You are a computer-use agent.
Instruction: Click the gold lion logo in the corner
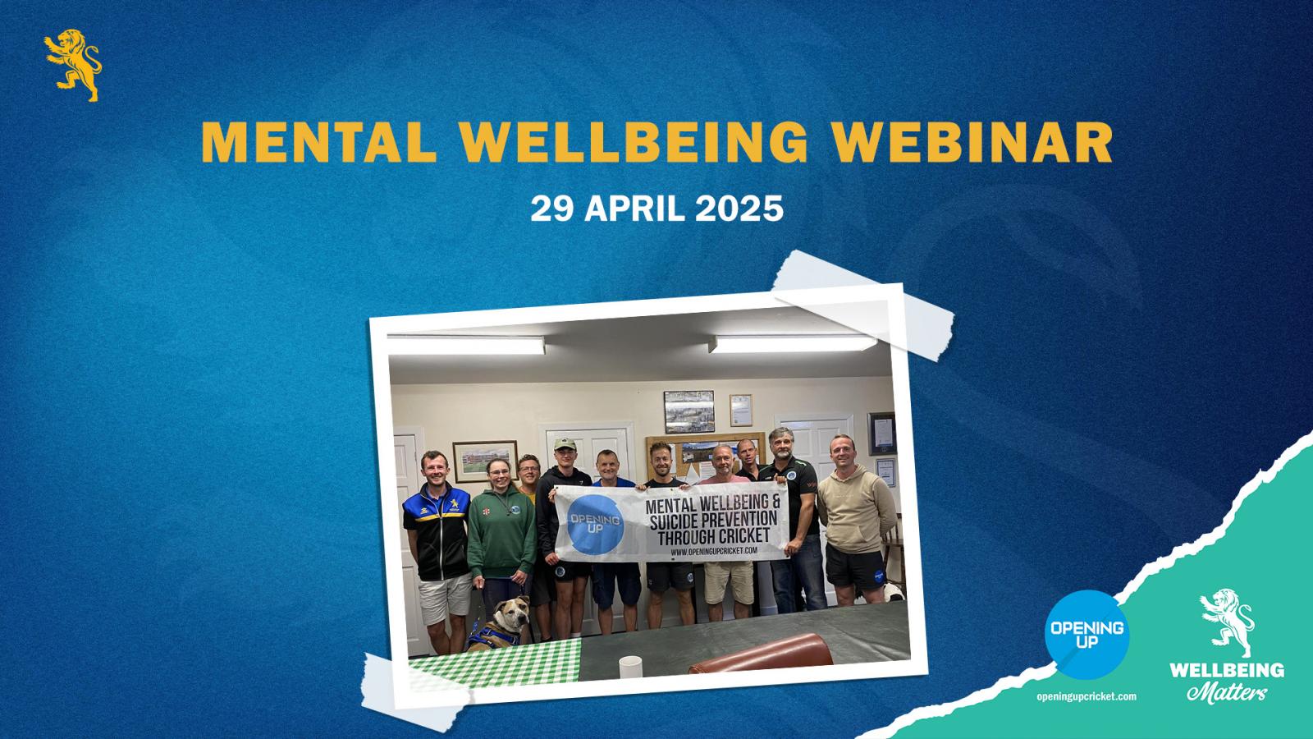click(73, 65)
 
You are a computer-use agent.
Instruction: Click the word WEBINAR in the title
click(972, 142)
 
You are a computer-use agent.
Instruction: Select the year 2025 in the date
click(739, 209)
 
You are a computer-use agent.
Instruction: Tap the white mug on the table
click(630, 667)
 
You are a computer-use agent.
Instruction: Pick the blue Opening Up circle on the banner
click(595, 525)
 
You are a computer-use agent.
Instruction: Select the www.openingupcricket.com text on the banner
click(714, 551)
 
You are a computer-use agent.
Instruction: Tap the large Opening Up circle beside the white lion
click(1087, 635)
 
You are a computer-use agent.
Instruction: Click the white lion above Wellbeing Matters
click(1227, 622)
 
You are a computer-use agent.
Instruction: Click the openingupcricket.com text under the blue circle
click(1087, 697)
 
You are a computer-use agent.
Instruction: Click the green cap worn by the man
click(565, 444)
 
